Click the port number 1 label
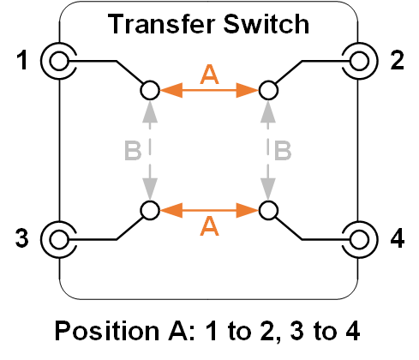click(22, 60)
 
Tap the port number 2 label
click(397, 60)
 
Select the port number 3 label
click(22, 238)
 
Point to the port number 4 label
click(398, 238)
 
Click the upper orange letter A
click(209, 75)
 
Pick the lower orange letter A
click(209, 225)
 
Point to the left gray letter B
click(133, 150)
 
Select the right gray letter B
click(283, 150)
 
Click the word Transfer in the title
click(161, 24)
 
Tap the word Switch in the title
click(266, 24)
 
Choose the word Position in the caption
click(107, 331)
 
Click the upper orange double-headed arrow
click(209, 90)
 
